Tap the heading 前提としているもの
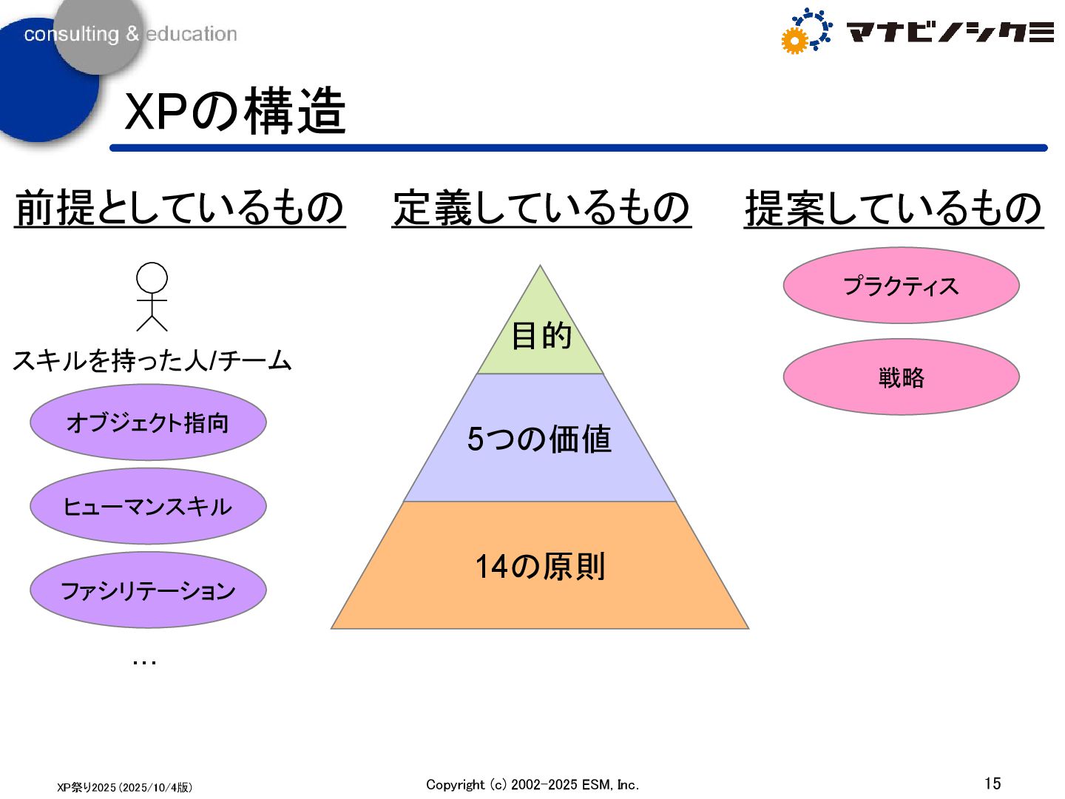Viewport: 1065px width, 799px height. (180, 207)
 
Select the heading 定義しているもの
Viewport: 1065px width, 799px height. (541, 207)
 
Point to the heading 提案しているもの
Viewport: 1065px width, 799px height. (893, 208)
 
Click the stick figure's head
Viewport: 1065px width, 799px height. (152, 278)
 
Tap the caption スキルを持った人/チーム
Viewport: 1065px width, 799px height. (152, 360)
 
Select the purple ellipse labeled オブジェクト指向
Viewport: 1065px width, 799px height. (148, 422)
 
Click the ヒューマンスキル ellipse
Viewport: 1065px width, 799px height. (148, 506)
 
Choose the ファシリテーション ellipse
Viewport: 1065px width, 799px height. (148, 590)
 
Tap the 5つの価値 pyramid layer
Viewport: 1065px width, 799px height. (540, 439)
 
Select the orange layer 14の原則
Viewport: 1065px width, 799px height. (540, 567)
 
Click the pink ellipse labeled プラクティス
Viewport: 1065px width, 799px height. (901, 286)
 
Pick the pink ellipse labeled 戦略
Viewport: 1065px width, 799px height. (901, 377)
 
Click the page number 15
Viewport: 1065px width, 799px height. (993, 783)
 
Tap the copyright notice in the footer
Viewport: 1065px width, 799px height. (532, 784)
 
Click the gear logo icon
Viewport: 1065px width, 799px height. (805, 31)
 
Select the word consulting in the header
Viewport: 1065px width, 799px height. (71, 34)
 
